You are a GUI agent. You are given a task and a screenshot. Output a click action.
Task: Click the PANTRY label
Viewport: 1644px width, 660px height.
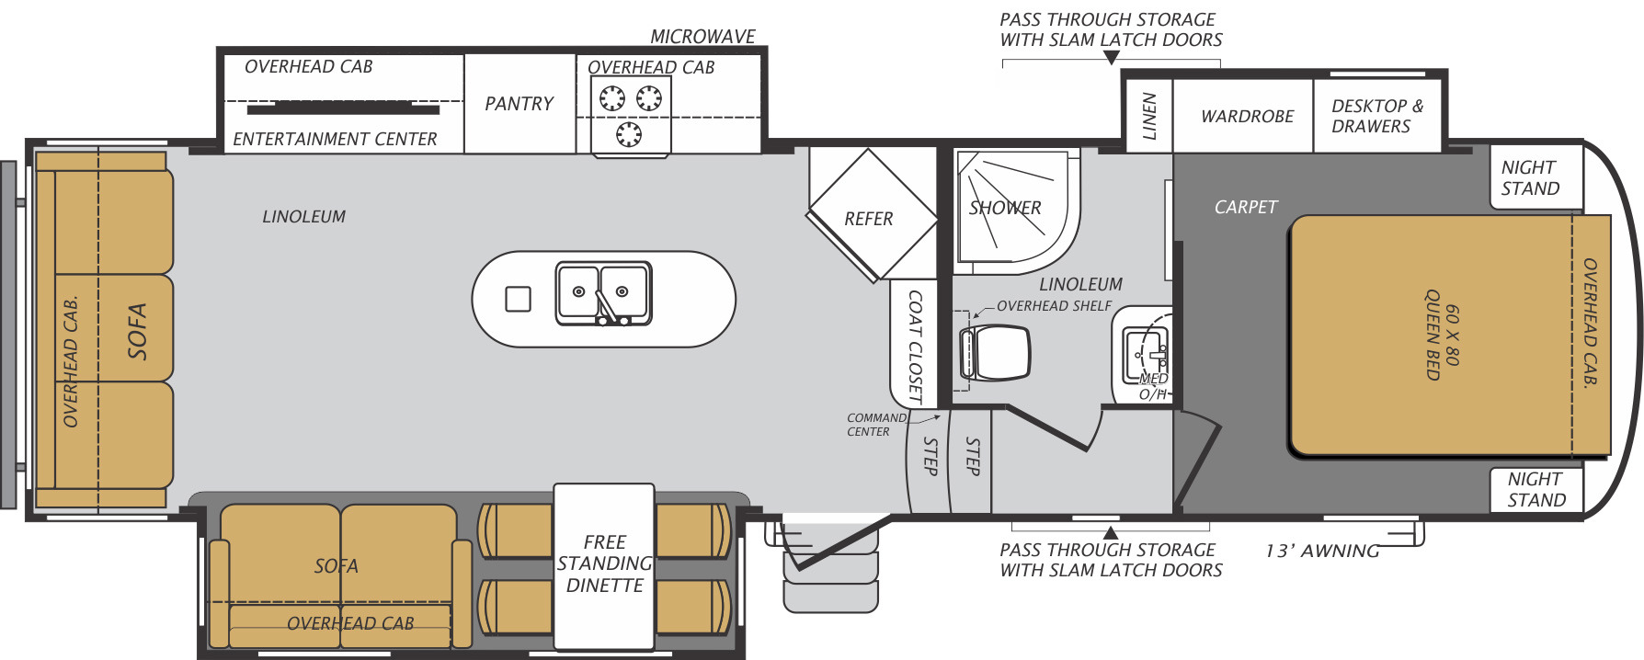pos(519,104)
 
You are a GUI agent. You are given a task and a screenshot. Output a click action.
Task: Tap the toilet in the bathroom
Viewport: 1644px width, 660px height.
pos(997,353)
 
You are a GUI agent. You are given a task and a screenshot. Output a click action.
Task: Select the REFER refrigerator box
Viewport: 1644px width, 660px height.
pos(869,218)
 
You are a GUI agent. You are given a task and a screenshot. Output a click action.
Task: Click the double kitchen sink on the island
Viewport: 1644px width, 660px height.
pos(603,293)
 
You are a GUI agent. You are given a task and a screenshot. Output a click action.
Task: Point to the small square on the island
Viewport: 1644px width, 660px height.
pos(519,299)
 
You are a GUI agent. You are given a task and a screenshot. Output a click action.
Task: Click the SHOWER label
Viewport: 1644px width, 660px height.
pos(1005,208)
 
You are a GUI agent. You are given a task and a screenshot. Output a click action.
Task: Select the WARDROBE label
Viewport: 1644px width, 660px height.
pos(1247,117)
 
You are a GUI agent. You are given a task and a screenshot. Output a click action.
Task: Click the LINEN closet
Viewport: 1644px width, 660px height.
pos(1148,116)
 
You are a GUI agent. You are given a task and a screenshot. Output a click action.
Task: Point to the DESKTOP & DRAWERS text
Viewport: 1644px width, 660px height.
pos(1376,116)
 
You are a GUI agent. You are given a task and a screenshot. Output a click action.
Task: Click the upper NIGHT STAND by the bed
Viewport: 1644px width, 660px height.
pos(1531,177)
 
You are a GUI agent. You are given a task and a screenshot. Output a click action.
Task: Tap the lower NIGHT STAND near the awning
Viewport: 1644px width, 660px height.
pos(1536,489)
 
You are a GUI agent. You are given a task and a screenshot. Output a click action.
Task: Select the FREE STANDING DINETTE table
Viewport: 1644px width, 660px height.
pos(604,563)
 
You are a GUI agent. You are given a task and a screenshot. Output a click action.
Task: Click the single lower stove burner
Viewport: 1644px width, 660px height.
pos(629,134)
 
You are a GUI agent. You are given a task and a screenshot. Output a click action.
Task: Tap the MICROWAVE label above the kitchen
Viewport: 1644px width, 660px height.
pos(702,37)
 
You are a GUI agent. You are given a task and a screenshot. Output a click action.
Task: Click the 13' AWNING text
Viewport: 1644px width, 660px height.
pos(1321,551)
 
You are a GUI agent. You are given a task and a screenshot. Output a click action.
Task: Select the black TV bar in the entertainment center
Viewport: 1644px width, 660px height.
pos(343,109)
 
